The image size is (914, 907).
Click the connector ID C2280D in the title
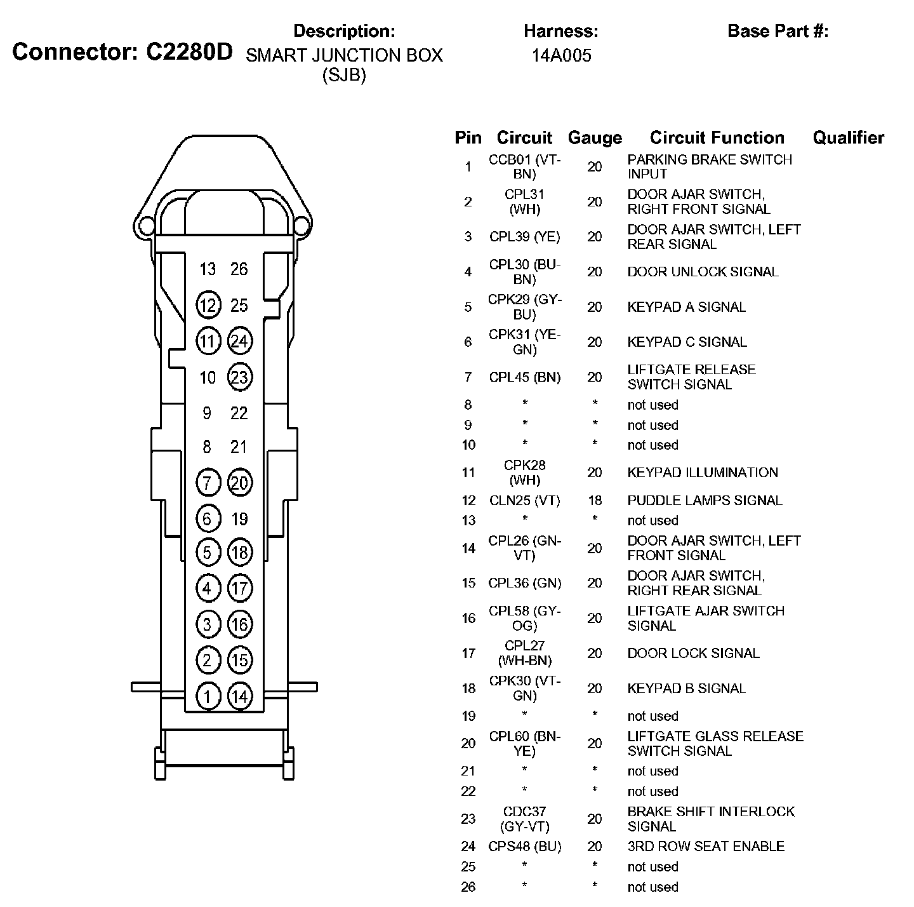[x=190, y=51]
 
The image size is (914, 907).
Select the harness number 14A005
[x=561, y=56]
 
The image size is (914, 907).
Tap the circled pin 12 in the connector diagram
[x=208, y=306]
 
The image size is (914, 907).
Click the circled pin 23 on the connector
[x=239, y=378]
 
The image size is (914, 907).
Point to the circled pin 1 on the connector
[x=208, y=697]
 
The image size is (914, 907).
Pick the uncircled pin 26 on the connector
[x=239, y=269]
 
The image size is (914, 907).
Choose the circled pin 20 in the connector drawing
[x=239, y=483]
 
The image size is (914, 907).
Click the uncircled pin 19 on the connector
[x=239, y=520]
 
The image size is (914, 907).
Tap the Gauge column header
[x=595, y=138]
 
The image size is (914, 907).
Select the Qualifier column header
[x=848, y=138]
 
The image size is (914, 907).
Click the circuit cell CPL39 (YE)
[x=525, y=237]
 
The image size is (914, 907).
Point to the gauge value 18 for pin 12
[x=595, y=501]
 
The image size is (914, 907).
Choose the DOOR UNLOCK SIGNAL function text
[x=703, y=272]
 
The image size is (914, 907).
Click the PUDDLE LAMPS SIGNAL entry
[x=705, y=501]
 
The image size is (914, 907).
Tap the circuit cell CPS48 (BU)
[x=525, y=847]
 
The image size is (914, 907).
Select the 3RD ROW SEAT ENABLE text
[x=706, y=847]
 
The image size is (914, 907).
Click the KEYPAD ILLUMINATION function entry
[x=703, y=473]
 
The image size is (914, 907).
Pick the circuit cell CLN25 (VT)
[x=525, y=501]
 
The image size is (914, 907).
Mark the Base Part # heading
[x=778, y=31]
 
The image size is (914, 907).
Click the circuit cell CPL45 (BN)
[x=525, y=377]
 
